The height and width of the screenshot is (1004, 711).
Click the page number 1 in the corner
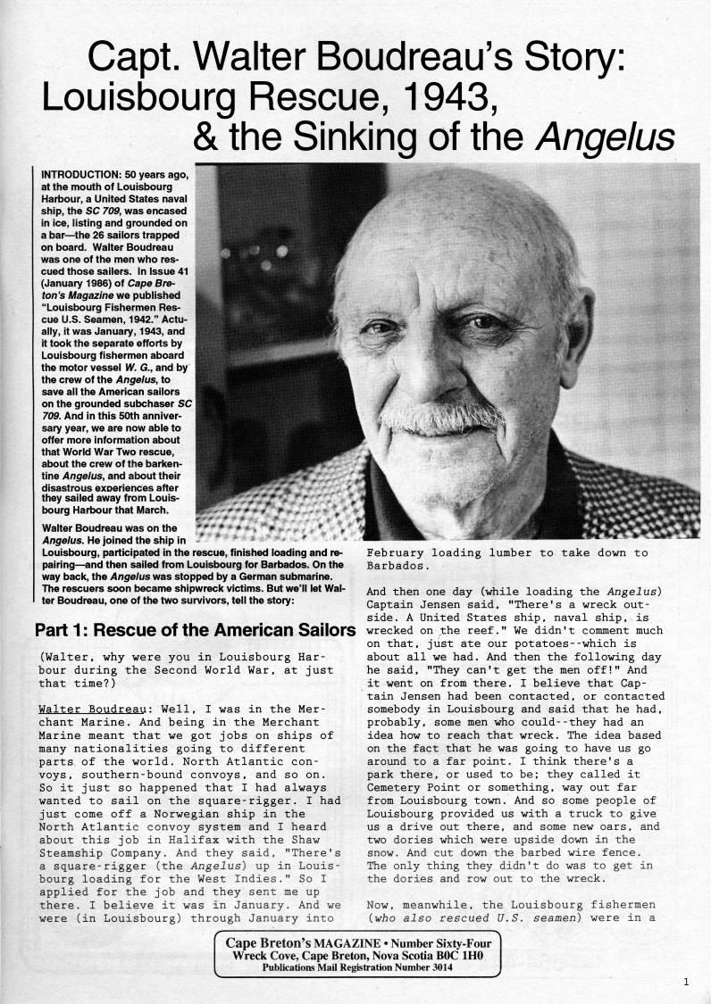(685, 982)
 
